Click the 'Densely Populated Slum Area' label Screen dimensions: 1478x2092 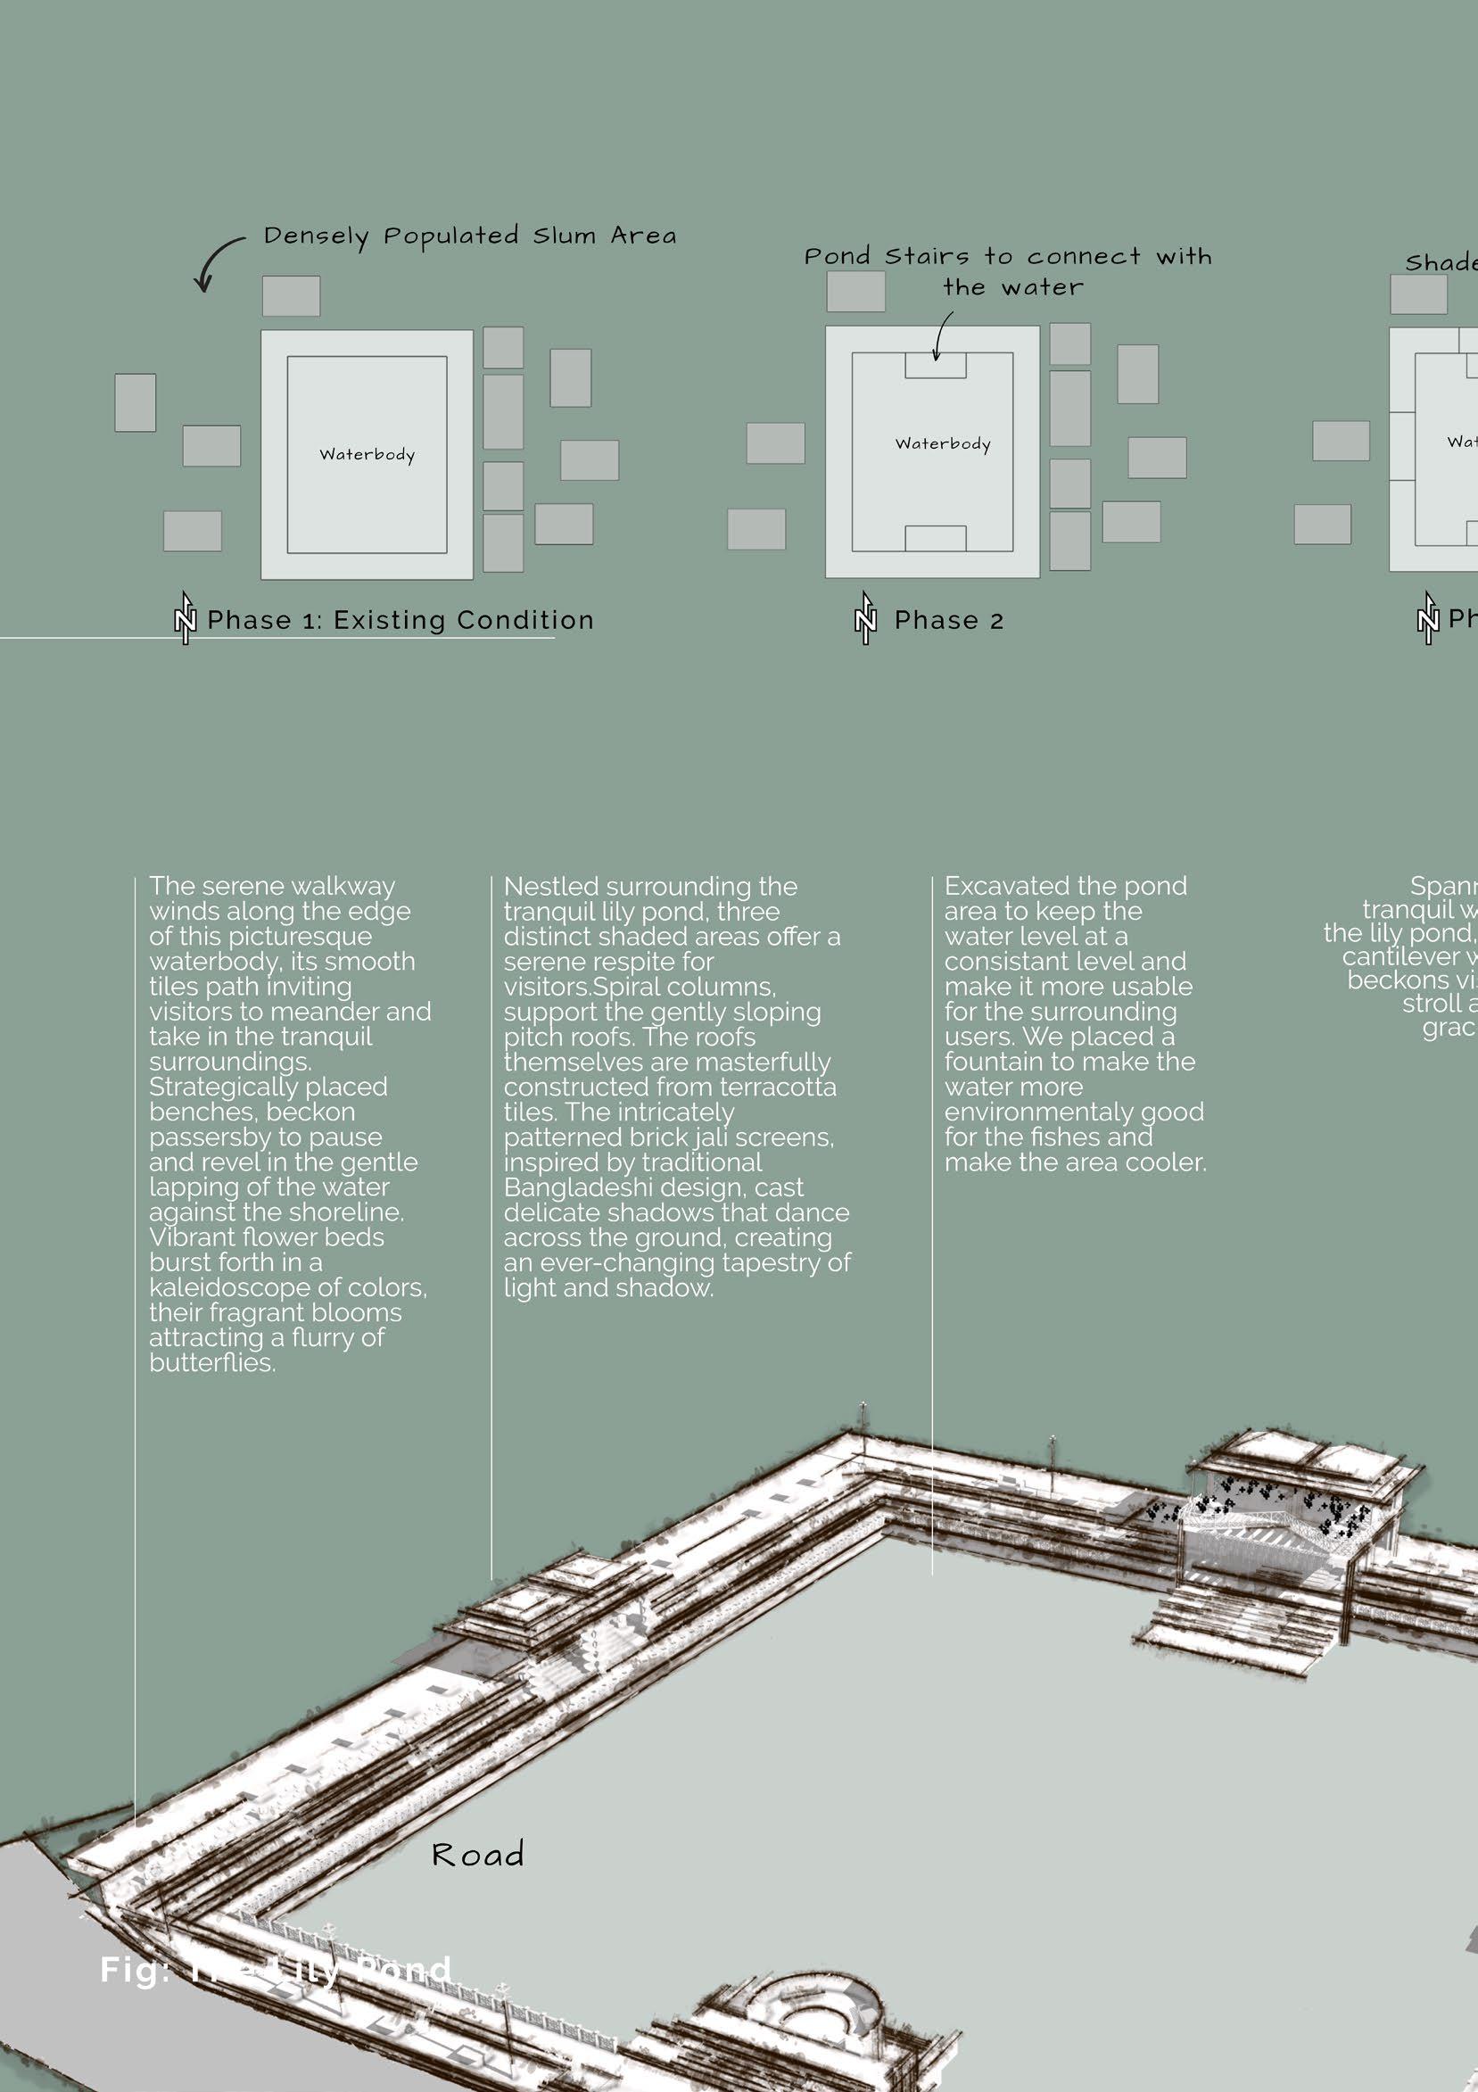click(x=469, y=236)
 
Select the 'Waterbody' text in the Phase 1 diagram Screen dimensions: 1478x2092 click(x=367, y=455)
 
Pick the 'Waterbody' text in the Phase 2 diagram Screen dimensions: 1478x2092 click(x=942, y=443)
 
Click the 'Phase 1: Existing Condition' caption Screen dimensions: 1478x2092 click(x=400, y=621)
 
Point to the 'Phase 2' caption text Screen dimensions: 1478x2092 click(x=948, y=621)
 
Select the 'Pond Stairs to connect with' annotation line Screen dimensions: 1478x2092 click(x=1008, y=257)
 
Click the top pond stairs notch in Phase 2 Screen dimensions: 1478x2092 click(x=936, y=366)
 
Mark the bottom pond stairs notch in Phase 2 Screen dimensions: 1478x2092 click(x=935, y=539)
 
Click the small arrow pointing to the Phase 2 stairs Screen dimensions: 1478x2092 click(x=941, y=336)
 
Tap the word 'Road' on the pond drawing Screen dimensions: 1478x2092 click(x=477, y=1855)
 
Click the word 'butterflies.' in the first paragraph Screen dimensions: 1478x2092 click(x=212, y=1363)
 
